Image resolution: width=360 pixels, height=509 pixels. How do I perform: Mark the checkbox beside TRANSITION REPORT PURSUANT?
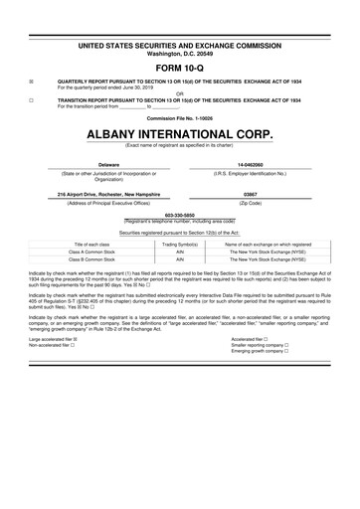tap(33, 101)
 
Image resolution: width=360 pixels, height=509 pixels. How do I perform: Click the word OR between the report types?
tap(179, 95)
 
